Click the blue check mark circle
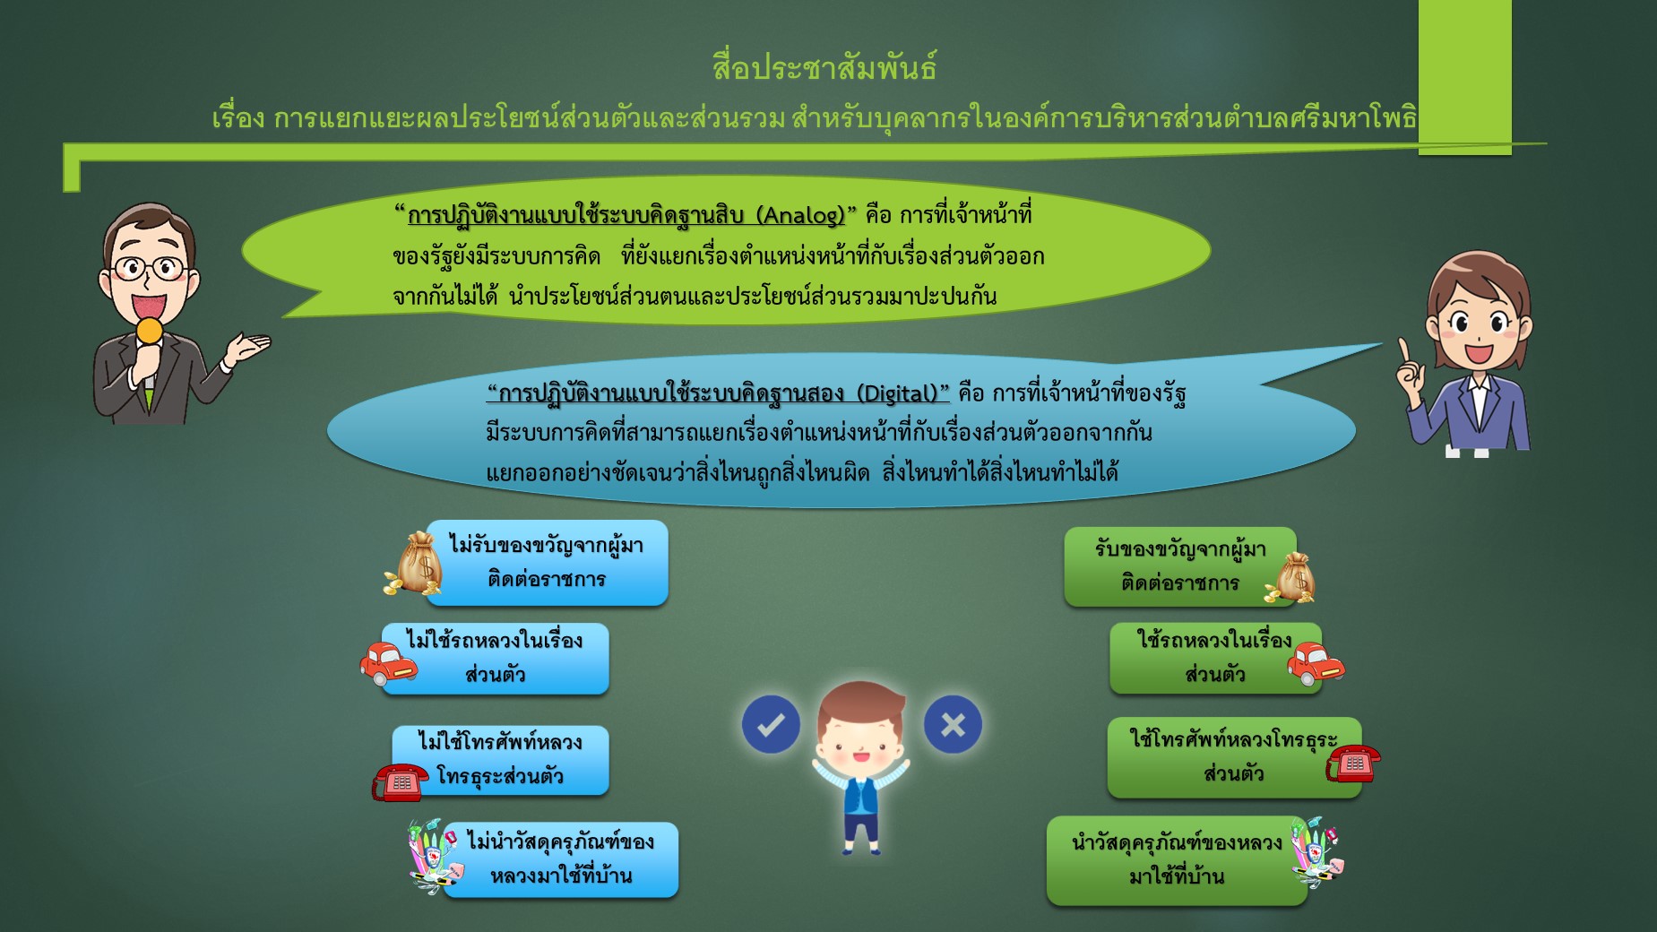(x=771, y=724)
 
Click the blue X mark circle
(x=953, y=724)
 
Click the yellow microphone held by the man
(x=150, y=332)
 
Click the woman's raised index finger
(x=1404, y=350)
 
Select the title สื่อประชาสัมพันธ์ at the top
(x=824, y=67)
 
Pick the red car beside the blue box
(x=388, y=664)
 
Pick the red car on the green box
(x=1316, y=664)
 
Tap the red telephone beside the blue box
(x=401, y=781)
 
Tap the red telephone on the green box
(x=1353, y=763)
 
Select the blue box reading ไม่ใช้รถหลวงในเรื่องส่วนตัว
(x=496, y=659)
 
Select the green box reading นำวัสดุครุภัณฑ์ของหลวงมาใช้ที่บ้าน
(x=1177, y=860)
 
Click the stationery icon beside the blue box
(x=434, y=857)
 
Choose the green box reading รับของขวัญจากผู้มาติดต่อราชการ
(x=1180, y=566)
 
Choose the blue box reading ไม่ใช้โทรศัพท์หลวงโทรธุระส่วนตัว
(x=501, y=760)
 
